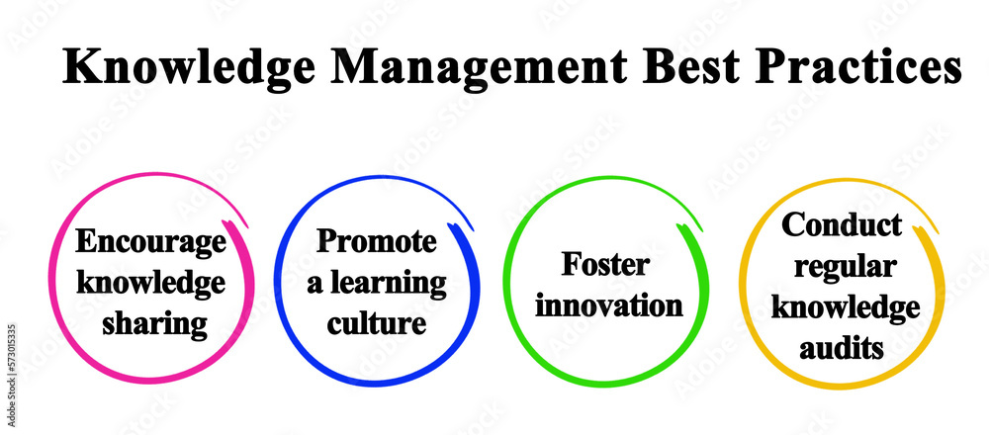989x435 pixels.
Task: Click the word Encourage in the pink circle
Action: (x=150, y=243)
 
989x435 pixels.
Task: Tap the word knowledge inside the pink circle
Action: (x=150, y=283)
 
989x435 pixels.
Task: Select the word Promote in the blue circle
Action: (x=376, y=243)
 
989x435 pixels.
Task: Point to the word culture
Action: (x=376, y=322)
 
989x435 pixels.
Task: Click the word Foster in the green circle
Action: (x=606, y=265)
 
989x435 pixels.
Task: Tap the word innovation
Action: (x=608, y=304)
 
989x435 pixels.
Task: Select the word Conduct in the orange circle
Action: (x=842, y=225)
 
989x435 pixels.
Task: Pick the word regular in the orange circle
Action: (x=842, y=266)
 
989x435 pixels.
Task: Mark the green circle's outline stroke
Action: (x=506, y=287)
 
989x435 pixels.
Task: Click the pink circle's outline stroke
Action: (x=51, y=287)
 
